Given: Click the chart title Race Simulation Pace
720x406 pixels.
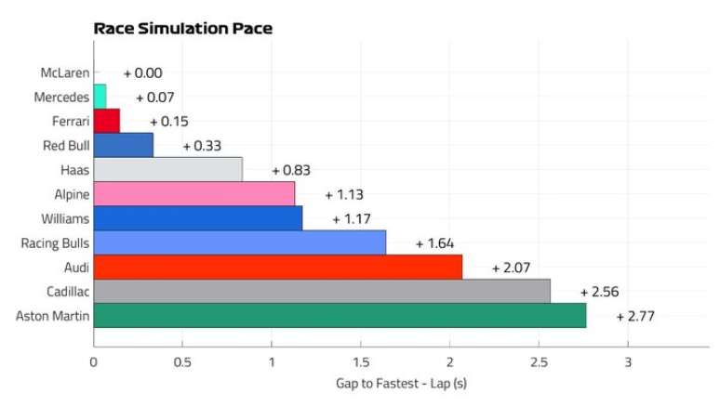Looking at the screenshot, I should coord(182,29).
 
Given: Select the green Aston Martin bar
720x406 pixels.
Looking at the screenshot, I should coord(340,316).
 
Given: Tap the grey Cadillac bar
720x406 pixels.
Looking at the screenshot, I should coord(321,292).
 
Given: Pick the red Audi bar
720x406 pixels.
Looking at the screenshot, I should coord(277,268).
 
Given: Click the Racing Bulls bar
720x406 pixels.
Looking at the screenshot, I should coord(239,243).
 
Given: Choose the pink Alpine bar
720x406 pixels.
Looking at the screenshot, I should coord(193,194).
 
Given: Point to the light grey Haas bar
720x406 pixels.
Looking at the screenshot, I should coord(167,170).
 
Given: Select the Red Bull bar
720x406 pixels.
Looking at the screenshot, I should coord(123,145).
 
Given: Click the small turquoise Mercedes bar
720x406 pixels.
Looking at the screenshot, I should coord(100,97).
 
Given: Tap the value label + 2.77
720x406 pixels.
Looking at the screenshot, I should coord(635,317).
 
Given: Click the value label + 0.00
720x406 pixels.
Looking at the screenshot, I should coord(142,72).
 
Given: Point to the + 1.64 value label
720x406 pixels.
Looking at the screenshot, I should coord(434,243).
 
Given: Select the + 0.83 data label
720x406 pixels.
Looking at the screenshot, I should coord(290,170).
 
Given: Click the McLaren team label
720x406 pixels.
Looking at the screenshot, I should coord(64,72).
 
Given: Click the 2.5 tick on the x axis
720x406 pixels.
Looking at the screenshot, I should coord(538,362).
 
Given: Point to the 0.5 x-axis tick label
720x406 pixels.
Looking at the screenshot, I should coord(182,362).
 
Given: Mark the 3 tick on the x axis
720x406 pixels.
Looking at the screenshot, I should coord(628,362).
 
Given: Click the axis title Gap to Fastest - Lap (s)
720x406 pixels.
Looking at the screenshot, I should coord(406,384).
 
